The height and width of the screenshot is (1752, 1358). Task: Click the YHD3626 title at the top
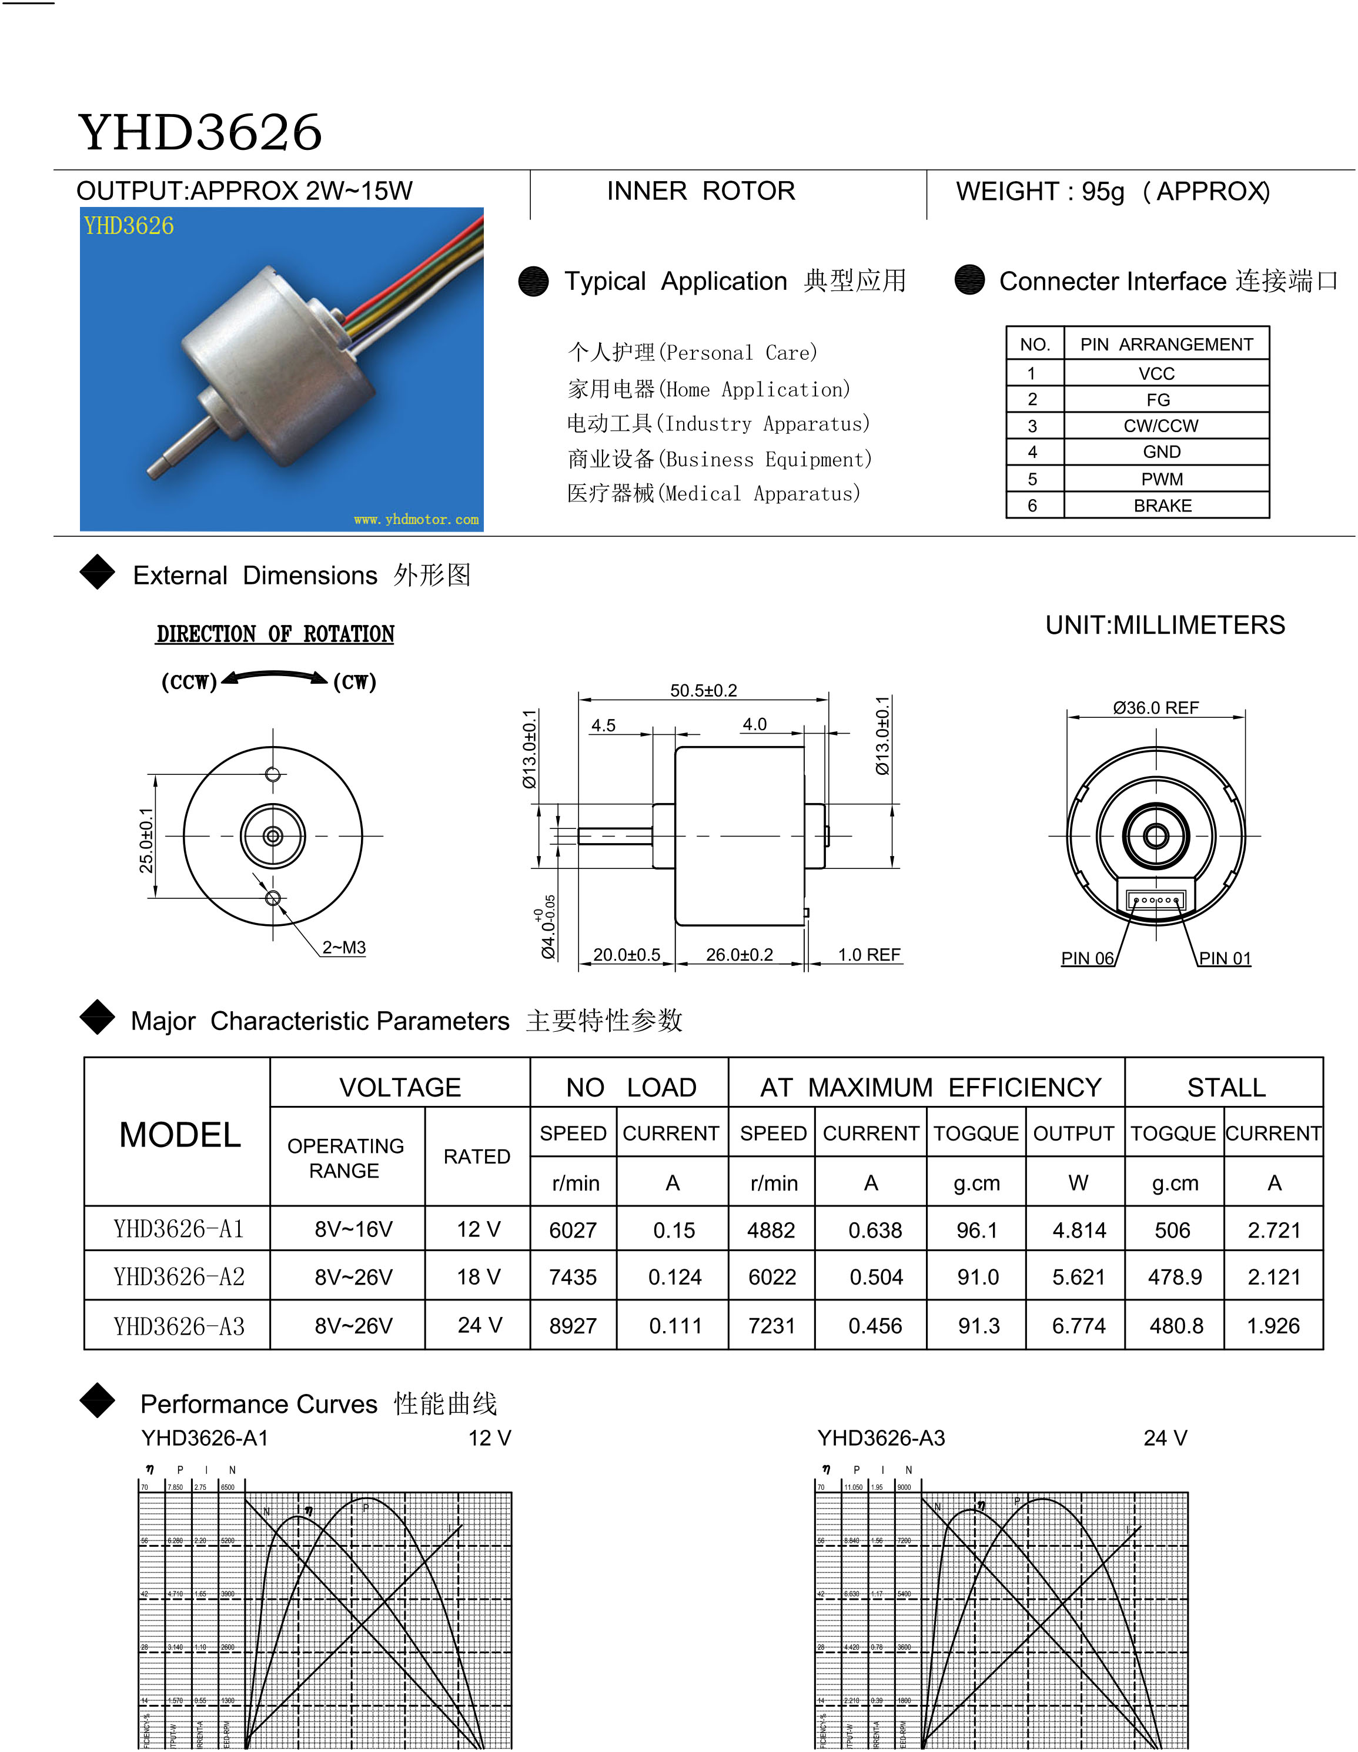click(x=200, y=132)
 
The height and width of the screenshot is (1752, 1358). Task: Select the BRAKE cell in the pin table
click(x=1162, y=506)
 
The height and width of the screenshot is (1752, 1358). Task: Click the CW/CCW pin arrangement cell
click(x=1160, y=426)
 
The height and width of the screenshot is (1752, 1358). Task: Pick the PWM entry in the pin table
click(x=1162, y=479)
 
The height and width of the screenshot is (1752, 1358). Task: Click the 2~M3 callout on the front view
click(x=343, y=947)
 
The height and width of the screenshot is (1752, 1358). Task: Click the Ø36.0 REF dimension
click(x=1155, y=707)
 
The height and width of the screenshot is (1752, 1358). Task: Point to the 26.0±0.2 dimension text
click(x=739, y=955)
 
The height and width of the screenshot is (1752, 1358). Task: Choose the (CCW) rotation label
click(x=189, y=682)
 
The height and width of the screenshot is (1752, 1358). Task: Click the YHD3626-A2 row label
click(x=178, y=1276)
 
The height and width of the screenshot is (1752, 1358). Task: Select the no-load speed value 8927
click(x=573, y=1326)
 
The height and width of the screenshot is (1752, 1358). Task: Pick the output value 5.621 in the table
click(x=1078, y=1277)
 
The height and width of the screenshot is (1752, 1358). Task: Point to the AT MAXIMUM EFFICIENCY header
click(x=931, y=1087)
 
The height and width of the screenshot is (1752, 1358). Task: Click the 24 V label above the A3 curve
click(x=1165, y=1438)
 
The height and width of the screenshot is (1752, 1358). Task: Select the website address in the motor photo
click(x=416, y=520)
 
